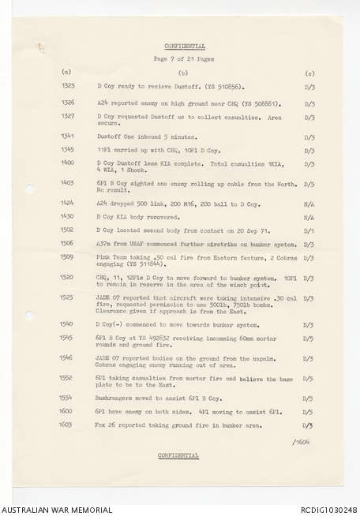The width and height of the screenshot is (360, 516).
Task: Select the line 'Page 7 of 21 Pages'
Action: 183,60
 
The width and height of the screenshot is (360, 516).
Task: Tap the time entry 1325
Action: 68,85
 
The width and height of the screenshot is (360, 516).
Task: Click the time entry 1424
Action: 68,203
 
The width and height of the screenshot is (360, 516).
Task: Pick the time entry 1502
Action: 68,230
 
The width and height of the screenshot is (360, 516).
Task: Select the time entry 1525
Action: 68,297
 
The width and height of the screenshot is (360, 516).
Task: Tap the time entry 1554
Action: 68,398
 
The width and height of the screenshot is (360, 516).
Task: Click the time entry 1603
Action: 68,425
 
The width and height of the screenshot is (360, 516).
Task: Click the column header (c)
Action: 309,73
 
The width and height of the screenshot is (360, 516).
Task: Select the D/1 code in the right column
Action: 309,230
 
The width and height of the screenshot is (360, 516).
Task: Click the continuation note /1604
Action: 301,442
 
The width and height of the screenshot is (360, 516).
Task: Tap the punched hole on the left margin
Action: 29,189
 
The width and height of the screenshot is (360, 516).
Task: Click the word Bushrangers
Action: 116,398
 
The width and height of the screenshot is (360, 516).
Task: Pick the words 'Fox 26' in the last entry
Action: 106,425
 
